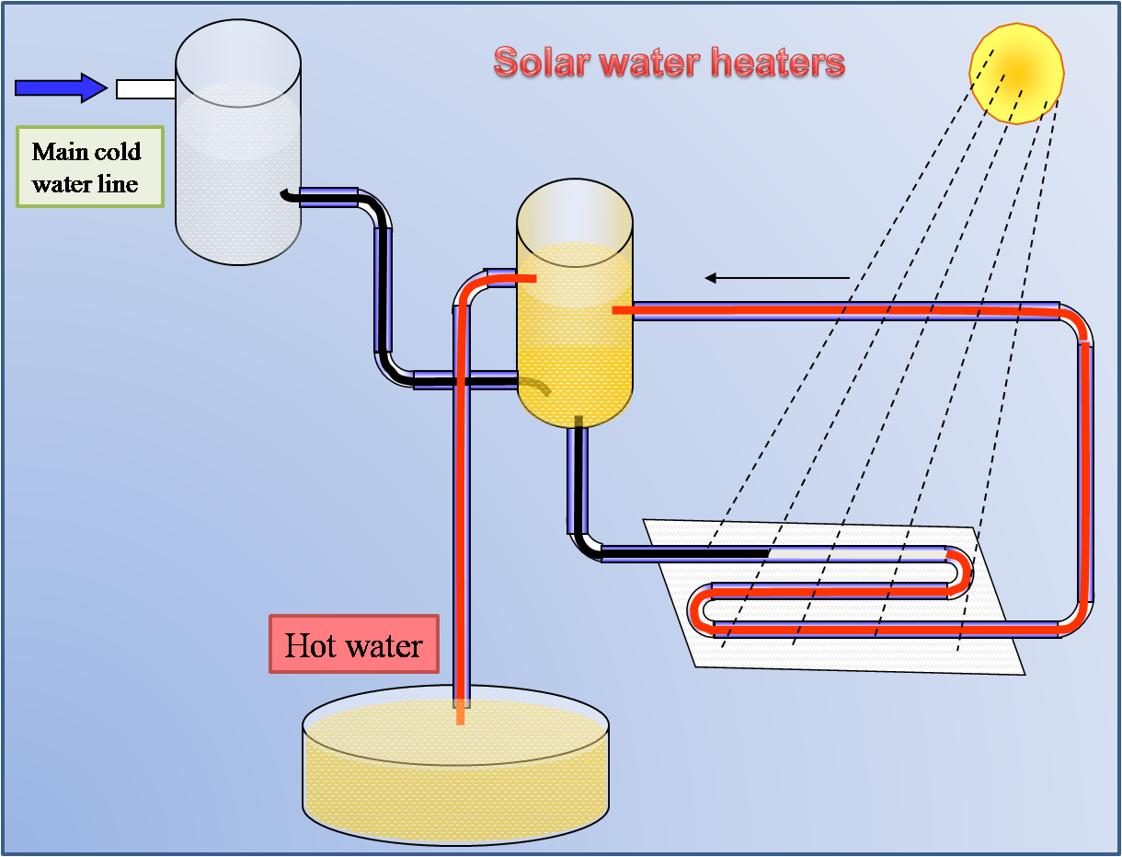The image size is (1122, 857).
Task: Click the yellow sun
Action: tap(1016, 72)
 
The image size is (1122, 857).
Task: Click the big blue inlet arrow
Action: tap(61, 87)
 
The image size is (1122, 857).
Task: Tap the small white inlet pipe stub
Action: tap(145, 88)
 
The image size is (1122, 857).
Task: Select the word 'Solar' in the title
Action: tap(541, 63)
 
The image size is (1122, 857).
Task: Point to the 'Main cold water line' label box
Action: tap(90, 167)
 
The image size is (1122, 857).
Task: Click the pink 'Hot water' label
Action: tap(354, 644)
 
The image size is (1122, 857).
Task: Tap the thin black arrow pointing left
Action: tap(776, 277)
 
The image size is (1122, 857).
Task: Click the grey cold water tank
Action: tap(238, 147)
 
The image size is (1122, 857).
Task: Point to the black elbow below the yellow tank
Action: tap(583, 544)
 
